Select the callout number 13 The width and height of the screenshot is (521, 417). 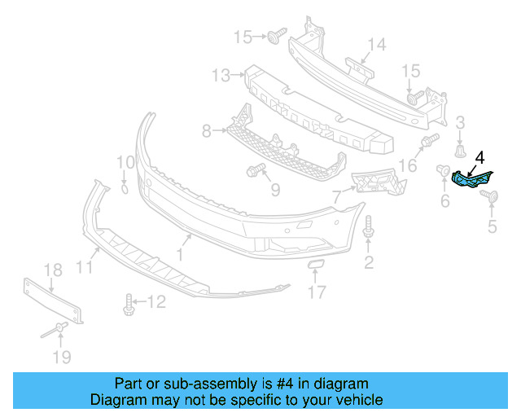pyautogui.click(x=221, y=76)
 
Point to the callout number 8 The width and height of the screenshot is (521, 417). pyautogui.click(x=206, y=129)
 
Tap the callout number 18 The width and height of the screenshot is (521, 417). pyautogui.click(x=52, y=270)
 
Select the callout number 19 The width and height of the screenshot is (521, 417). pyautogui.click(x=61, y=357)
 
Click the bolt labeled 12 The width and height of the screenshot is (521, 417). pyautogui.click(x=129, y=305)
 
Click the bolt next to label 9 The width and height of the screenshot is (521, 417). pyautogui.click(x=255, y=170)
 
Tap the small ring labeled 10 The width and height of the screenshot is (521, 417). pyautogui.click(x=124, y=189)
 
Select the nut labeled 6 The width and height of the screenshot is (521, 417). pyautogui.click(x=444, y=170)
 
